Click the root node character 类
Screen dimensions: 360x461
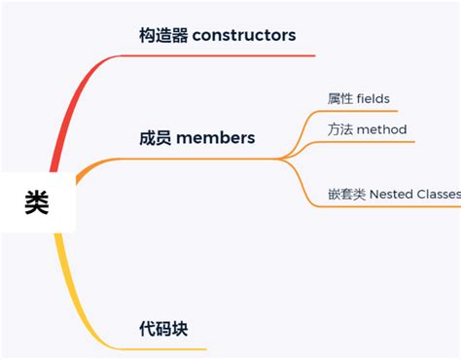[37, 202]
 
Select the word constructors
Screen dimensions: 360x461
[244, 36]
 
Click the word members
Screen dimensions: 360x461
[215, 138]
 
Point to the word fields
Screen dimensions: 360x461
[373, 98]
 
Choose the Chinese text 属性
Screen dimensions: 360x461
[340, 98]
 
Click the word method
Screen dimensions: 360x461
[381, 129]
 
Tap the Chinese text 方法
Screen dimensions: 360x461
[340, 129]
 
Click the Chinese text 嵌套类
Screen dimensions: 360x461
[347, 195]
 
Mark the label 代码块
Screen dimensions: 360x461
[163, 329]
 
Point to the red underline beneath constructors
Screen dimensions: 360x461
[224, 55]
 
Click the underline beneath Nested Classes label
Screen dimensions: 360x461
[389, 206]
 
